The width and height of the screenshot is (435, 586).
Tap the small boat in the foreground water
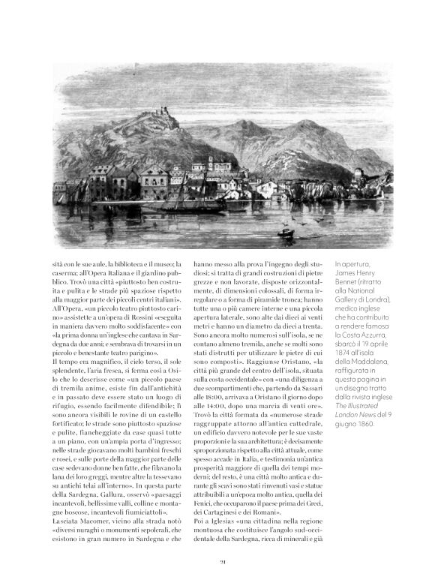point(286,233)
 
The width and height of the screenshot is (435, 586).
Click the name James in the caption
point(351,274)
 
